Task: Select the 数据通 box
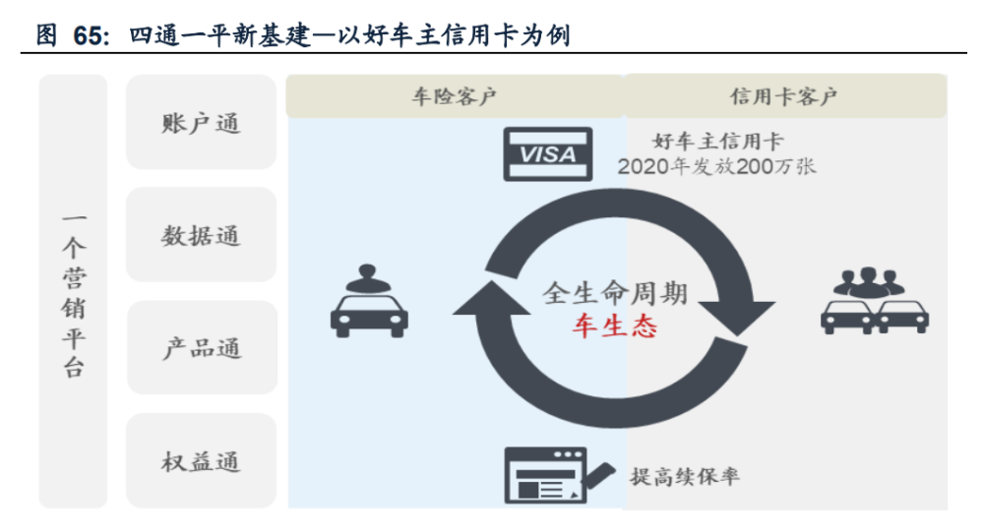[x=201, y=236]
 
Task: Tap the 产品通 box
[x=201, y=348]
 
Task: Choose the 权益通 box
[x=201, y=461]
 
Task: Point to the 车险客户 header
[x=454, y=96]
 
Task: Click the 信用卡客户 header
[x=783, y=96]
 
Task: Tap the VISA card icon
[x=547, y=154]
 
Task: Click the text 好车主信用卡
[x=717, y=142]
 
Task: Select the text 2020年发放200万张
[x=717, y=166]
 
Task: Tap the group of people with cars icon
[x=874, y=299]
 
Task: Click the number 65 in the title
[x=88, y=36]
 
